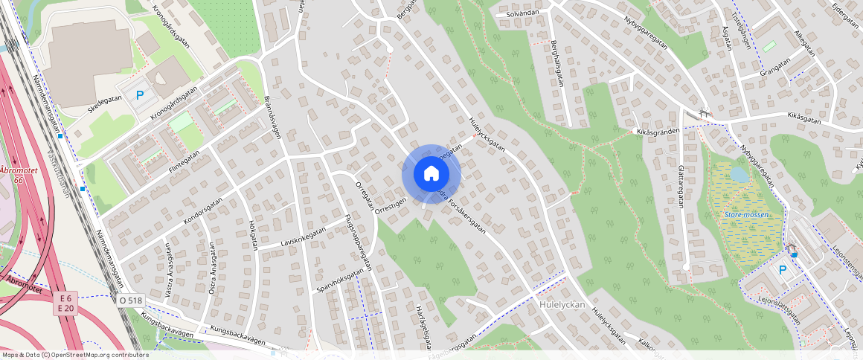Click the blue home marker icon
(431, 174)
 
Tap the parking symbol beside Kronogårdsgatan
(139, 95)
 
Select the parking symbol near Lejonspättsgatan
(782, 270)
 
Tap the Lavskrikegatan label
(303, 237)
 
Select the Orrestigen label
(391, 205)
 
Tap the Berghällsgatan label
(556, 63)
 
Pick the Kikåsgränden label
(658, 131)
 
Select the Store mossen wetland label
(746, 215)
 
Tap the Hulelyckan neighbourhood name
(562, 304)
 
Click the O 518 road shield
(130, 300)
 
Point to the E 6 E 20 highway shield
(65, 303)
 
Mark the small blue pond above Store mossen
(740, 174)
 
